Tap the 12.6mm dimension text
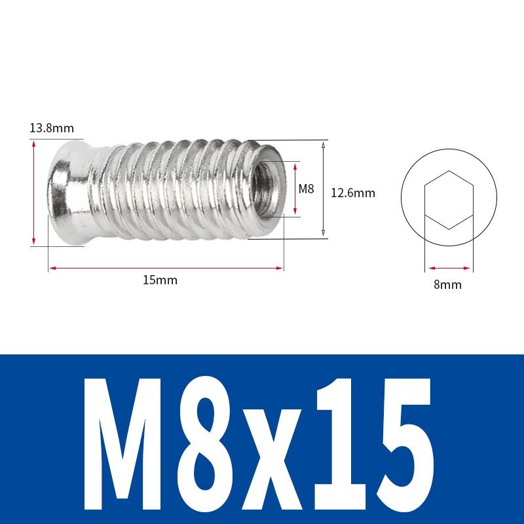pyautogui.click(x=352, y=193)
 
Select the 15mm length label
pyautogui.click(x=160, y=280)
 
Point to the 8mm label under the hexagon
pyautogui.click(x=448, y=284)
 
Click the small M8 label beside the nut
pyautogui.click(x=307, y=189)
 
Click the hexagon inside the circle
pyautogui.click(x=448, y=200)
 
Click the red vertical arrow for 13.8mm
pyautogui.click(x=33, y=193)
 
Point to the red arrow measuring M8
pyautogui.click(x=295, y=189)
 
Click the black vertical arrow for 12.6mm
pyautogui.click(x=324, y=190)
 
